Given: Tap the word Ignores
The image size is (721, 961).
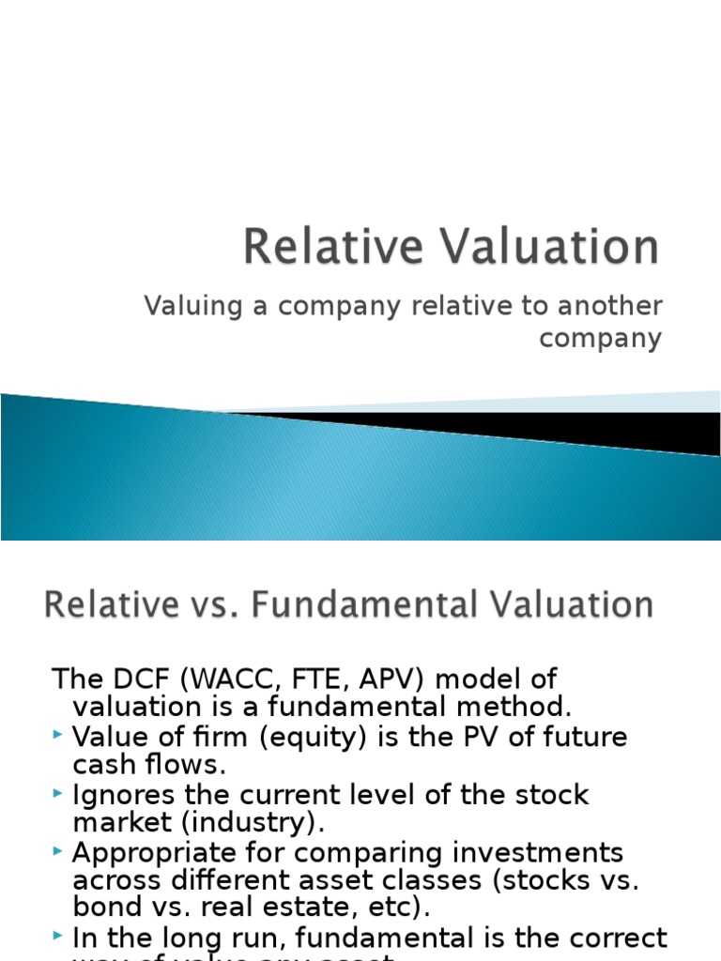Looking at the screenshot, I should pyautogui.click(x=117, y=796).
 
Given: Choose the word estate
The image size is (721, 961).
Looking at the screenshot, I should pyautogui.click(x=293, y=909).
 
